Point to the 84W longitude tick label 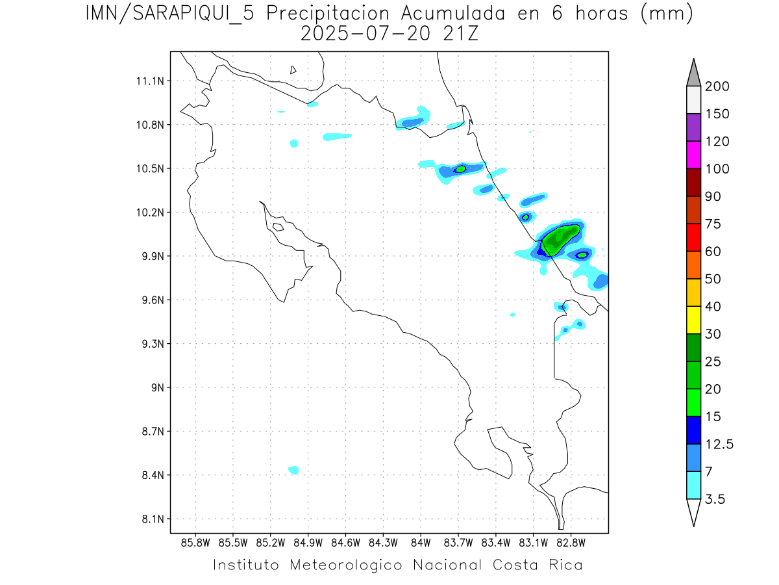421,542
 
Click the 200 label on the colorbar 717,86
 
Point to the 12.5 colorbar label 719,445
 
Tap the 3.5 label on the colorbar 716,499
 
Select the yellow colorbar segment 693,320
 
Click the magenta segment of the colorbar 693,155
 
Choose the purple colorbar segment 693,127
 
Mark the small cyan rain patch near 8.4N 293,470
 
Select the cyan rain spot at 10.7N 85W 294,143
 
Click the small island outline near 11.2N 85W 293,70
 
